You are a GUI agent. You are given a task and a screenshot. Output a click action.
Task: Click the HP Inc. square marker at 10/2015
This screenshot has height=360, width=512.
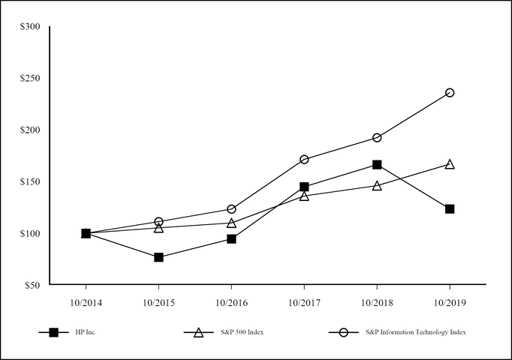tap(158, 257)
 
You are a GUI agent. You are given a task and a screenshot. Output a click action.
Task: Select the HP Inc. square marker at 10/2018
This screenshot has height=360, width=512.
tap(377, 164)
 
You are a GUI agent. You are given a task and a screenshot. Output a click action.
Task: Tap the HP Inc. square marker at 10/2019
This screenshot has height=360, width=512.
tap(450, 208)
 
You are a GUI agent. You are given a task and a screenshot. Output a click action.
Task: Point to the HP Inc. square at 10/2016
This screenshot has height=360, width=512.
tap(231, 238)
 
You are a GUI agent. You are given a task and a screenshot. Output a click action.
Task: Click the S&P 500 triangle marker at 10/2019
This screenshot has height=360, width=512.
tap(450, 164)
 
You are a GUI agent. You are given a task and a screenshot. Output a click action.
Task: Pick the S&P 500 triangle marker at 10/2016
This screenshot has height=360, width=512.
tap(231, 223)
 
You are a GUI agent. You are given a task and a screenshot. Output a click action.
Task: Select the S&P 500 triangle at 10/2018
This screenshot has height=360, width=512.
tap(377, 185)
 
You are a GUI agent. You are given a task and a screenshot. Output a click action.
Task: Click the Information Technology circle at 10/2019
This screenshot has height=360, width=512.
tap(450, 92)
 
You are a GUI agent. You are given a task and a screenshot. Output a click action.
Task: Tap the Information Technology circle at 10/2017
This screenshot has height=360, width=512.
tap(304, 159)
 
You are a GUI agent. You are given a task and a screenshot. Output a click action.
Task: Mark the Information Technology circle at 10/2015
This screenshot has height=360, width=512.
tap(158, 221)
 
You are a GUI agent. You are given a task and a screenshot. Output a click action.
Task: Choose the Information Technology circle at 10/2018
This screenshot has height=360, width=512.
tap(377, 137)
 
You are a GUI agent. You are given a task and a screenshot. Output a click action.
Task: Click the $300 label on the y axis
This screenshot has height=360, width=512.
tap(31, 27)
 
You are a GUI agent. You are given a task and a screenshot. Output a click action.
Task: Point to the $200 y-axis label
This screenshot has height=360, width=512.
tap(31, 130)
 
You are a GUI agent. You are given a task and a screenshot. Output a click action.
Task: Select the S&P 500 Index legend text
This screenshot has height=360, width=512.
tap(239, 332)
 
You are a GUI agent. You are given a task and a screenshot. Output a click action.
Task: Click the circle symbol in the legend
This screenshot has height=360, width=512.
tap(343, 332)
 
